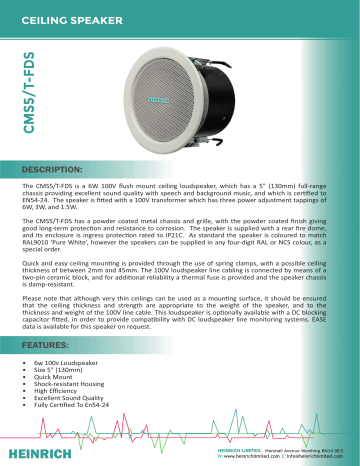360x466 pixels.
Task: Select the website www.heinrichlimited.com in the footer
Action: (237, 457)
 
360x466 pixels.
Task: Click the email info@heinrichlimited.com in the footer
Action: (309, 457)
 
